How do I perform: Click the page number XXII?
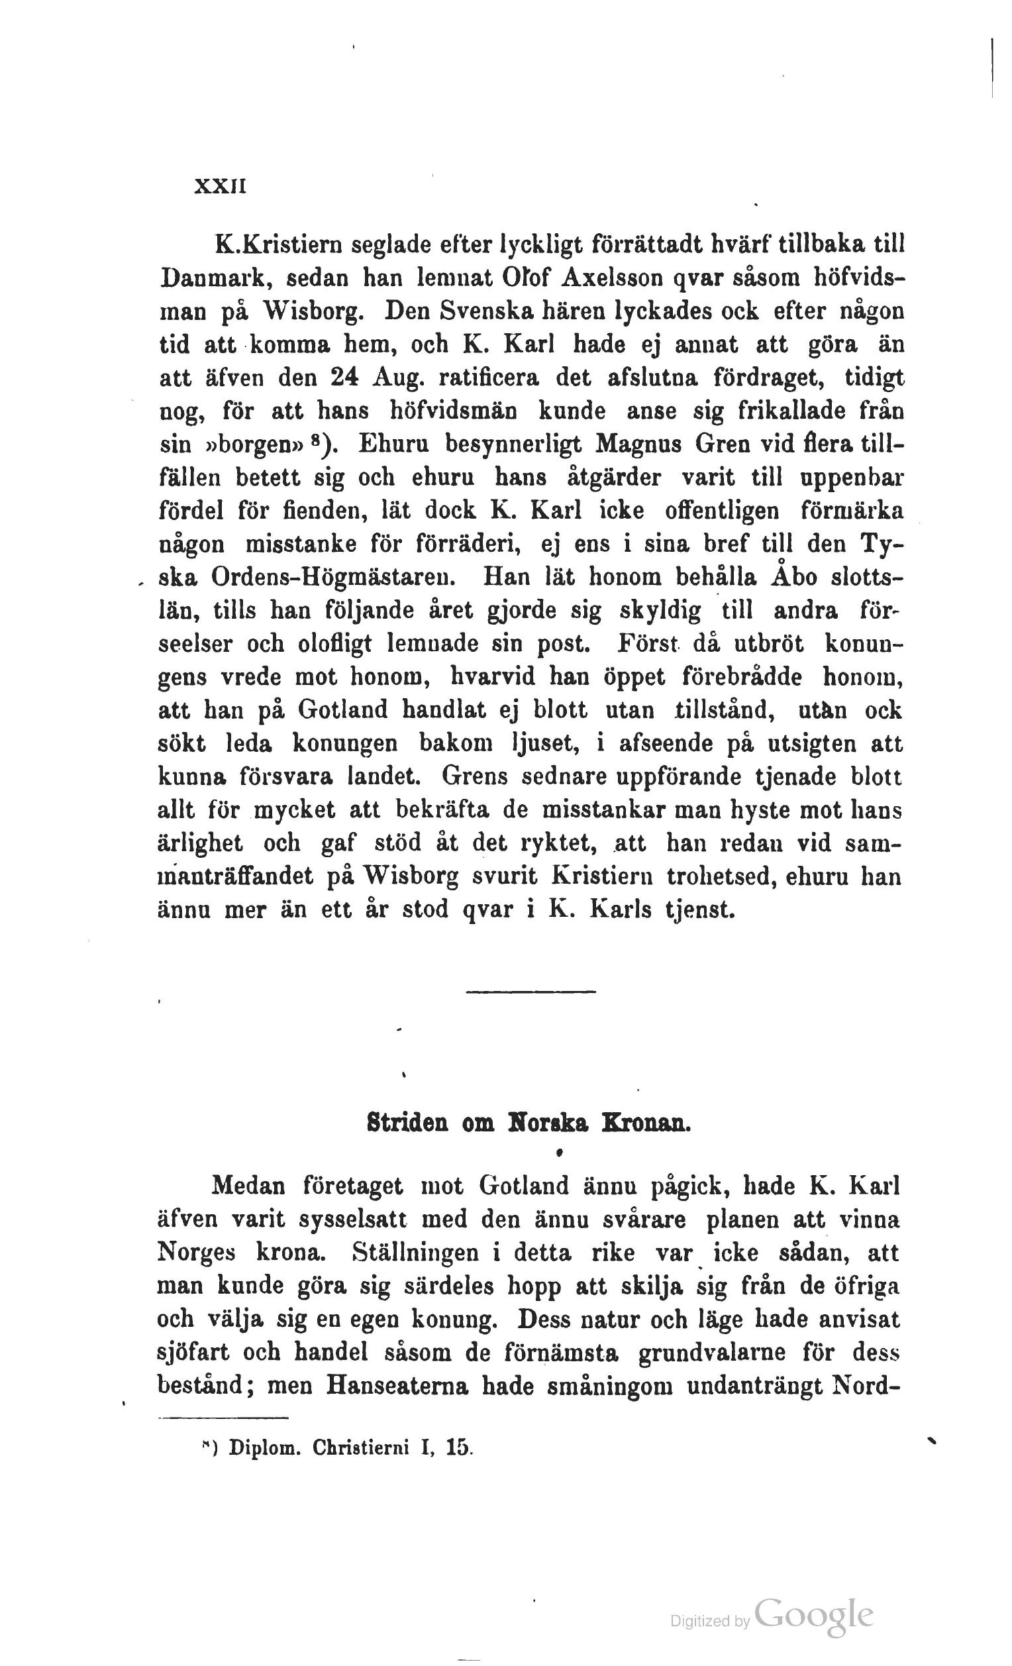pos(220,186)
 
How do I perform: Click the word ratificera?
pos(489,378)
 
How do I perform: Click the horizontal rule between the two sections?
pos(531,992)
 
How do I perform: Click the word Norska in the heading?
pos(546,1123)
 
